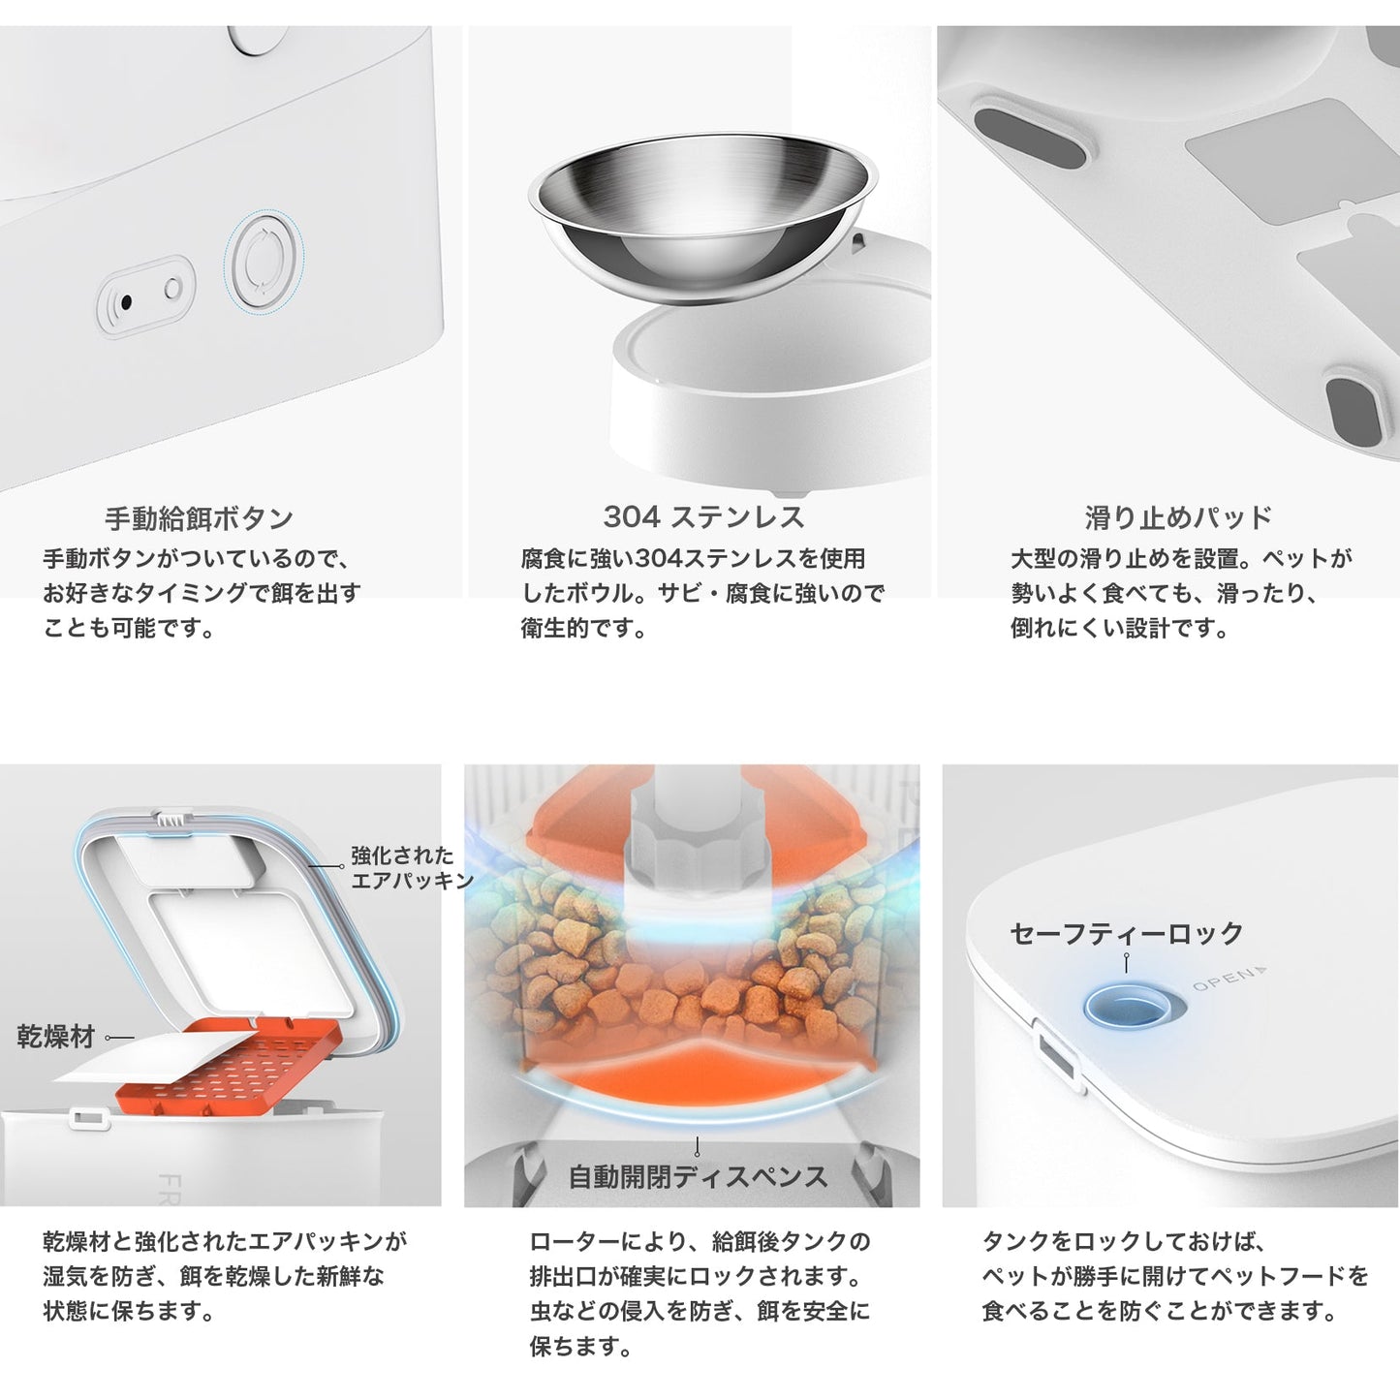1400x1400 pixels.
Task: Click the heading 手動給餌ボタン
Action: (199, 518)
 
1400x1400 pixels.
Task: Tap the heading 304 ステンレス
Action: (704, 517)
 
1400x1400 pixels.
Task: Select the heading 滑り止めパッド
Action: (1178, 517)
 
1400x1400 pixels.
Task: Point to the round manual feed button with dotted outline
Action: (263, 262)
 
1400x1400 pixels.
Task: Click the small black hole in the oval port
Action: (126, 301)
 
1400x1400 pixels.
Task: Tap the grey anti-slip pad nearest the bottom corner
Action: (1353, 412)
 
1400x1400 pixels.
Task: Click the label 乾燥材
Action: (55, 1037)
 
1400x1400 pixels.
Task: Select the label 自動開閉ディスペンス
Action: (698, 1176)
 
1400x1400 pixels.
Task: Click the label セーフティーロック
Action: (1126, 933)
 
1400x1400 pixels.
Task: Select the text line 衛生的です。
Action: (583, 628)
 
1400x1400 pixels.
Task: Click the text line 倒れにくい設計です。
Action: (1120, 628)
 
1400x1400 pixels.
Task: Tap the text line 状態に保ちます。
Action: (128, 1311)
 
